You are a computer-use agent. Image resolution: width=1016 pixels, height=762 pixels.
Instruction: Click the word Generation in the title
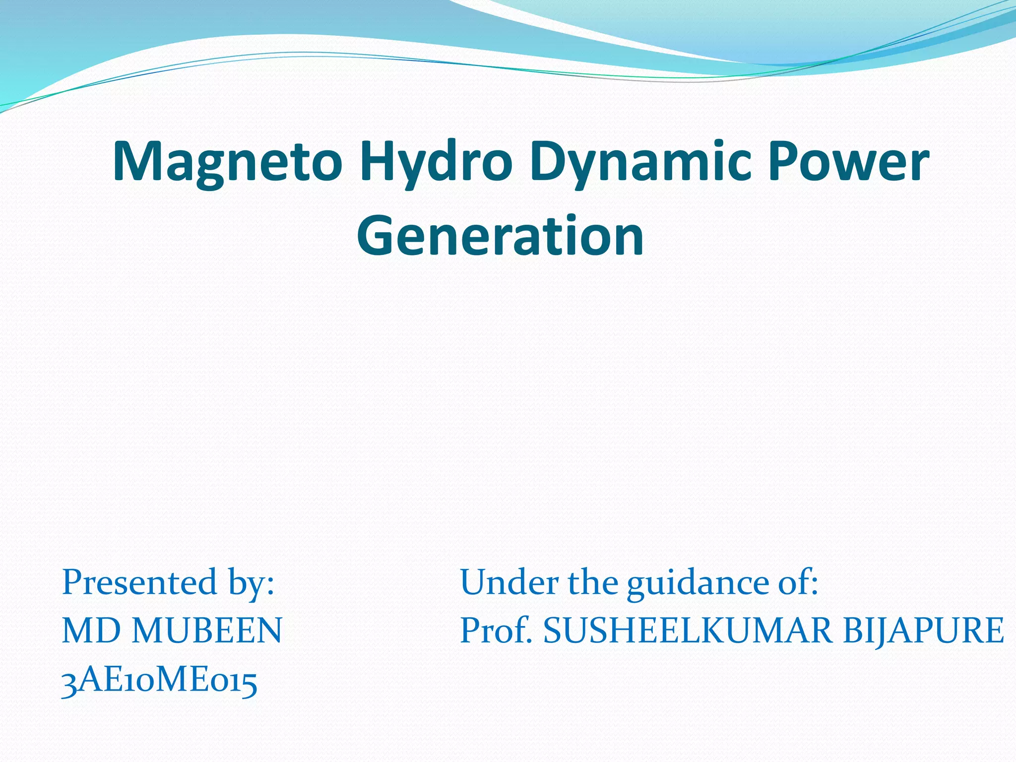pos(500,236)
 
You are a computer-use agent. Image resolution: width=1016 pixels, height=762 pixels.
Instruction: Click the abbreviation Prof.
pos(496,631)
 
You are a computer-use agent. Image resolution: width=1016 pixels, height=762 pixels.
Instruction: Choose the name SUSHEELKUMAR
pos(688,631)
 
